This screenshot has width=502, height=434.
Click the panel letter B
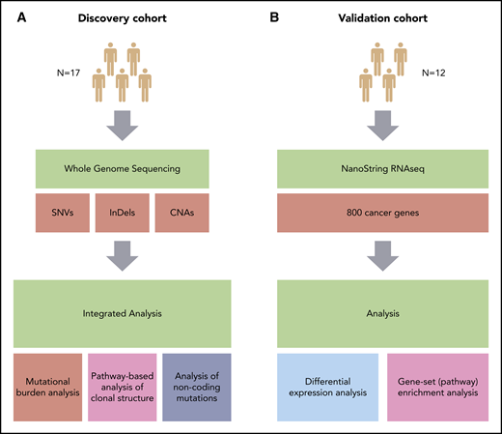265,15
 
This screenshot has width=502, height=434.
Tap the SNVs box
64,215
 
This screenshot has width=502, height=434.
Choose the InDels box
128,215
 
